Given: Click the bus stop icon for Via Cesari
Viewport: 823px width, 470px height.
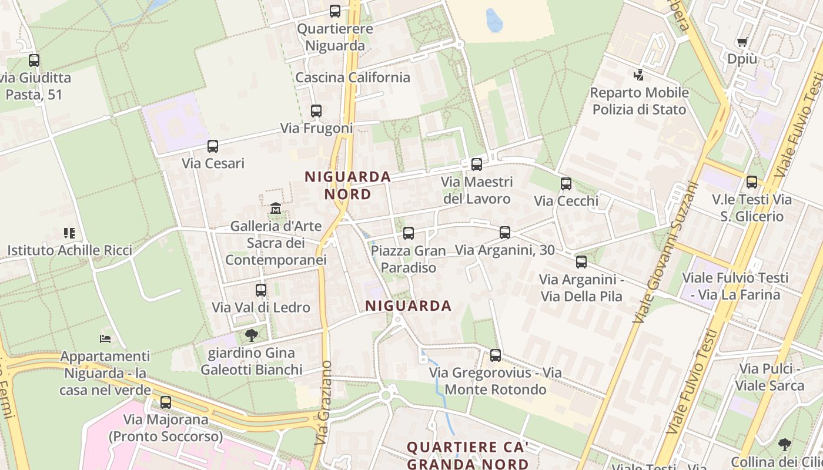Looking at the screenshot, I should pos(213,146).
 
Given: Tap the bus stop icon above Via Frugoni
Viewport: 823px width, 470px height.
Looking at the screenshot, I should pos(316,111).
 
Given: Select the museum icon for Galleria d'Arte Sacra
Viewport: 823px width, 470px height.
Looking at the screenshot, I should pos(275,209).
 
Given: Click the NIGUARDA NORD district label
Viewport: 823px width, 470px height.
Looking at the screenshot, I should pos(347,185).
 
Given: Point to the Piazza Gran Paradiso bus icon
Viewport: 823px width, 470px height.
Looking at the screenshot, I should pos(409,233).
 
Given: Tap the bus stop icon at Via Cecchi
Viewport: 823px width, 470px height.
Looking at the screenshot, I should pos(566,184).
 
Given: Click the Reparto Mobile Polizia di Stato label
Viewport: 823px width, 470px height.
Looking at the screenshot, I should pos(639,101).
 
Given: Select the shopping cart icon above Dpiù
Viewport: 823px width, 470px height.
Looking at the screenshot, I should pos(742,42).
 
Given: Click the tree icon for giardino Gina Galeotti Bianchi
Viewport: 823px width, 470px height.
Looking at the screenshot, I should pos(252,335).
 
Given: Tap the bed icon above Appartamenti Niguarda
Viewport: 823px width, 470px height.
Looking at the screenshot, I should pos(105,339).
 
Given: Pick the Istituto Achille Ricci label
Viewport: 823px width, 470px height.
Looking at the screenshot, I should pos(69,250).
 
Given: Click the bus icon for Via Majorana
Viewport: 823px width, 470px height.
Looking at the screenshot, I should pos(166,402).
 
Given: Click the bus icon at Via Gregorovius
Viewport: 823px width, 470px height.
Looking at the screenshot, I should pos(496,355).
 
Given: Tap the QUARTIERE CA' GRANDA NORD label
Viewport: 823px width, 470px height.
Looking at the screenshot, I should pos(468,455).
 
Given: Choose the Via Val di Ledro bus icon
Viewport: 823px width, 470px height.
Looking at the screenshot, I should pos(261,290).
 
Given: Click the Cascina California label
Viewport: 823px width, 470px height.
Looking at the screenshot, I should pos(353,78).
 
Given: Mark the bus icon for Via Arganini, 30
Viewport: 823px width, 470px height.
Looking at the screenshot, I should pos(505,233).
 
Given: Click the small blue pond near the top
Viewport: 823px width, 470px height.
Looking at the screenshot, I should pos(494,21).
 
